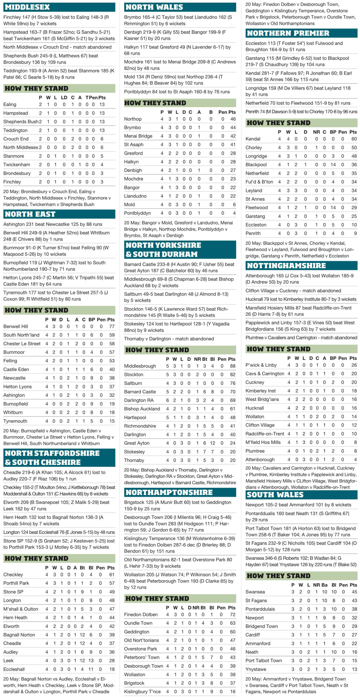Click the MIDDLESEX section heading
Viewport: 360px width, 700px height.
[27, 7]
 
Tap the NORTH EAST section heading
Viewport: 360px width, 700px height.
[30, 214]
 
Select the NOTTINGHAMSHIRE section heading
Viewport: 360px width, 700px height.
[286, 266]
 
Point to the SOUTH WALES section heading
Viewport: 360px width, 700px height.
[275, 495]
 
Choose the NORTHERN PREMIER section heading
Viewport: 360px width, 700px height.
[288, 33]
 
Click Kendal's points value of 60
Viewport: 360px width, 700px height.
[354, 139]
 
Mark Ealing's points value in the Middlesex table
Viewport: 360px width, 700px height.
[102, 104]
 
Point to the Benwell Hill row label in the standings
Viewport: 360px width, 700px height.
[16, 326]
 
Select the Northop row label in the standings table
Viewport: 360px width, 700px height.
[133, 119]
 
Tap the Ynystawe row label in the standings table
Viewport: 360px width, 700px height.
[256, 669]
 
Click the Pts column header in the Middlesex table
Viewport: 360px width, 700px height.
[102, 98]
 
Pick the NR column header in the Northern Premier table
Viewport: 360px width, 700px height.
[316, 132]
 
